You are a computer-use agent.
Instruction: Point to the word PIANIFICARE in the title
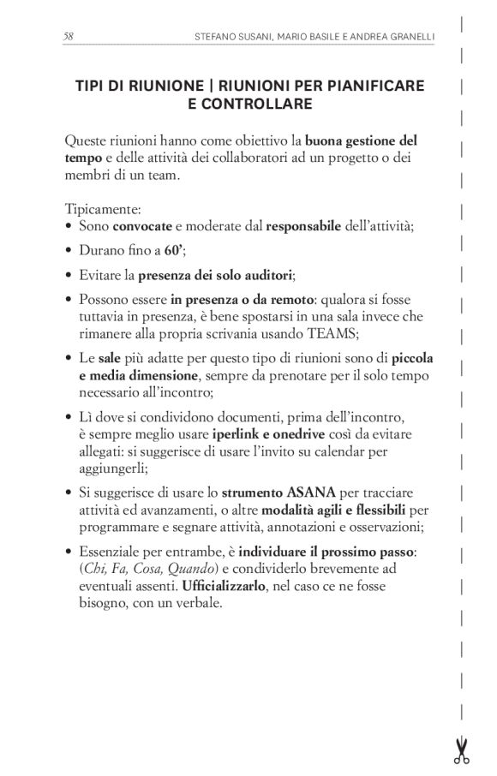click(x=377, y=87)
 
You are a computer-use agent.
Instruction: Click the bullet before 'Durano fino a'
click(x=68, y=252)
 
